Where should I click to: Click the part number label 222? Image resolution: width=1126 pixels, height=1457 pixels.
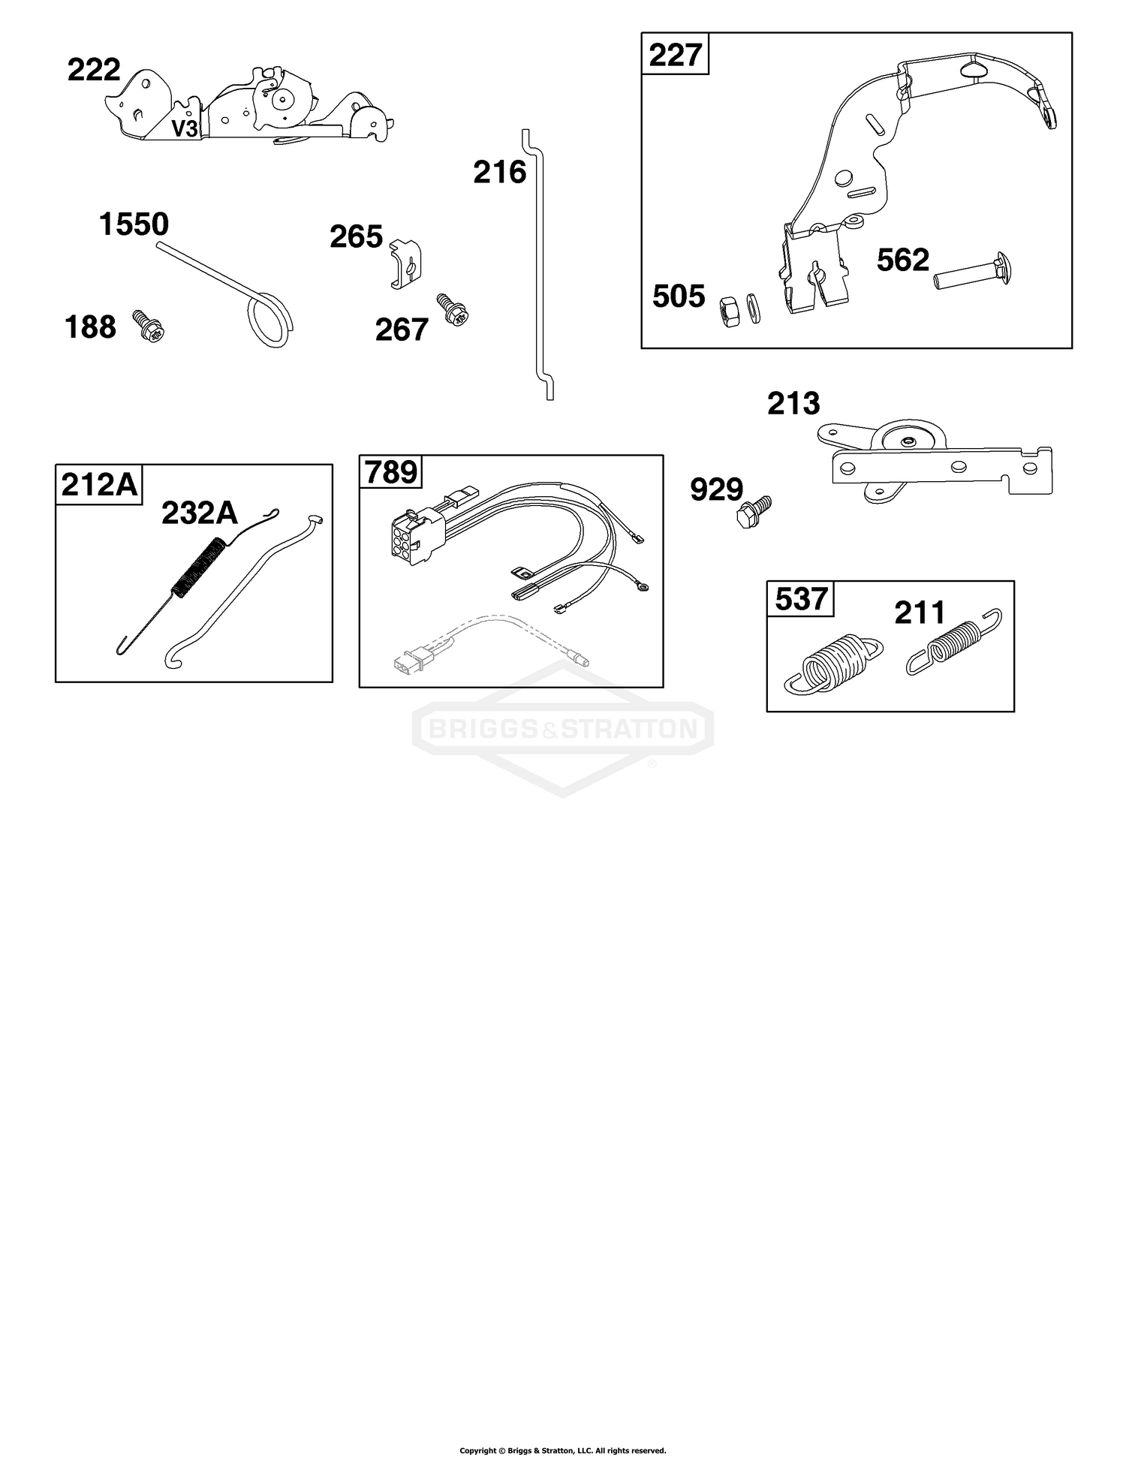tap(94, 70)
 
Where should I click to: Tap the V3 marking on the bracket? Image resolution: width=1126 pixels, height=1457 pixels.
tap(184, 129)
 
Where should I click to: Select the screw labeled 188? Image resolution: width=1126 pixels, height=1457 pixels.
tap(149, 326)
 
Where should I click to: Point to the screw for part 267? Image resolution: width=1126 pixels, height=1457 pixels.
tap(453, 309)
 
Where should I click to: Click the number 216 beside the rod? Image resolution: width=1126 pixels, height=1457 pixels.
tap(500, 173)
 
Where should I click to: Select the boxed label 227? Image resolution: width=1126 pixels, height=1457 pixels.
tap(675, 55)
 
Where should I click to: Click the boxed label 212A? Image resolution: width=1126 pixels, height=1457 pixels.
tap(100, 484)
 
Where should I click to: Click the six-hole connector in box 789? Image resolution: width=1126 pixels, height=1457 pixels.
tap(411, 534)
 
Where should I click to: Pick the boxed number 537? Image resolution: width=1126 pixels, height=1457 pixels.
tap(801, 600)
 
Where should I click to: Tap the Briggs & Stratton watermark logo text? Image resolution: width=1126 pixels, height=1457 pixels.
tap(563, 727)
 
